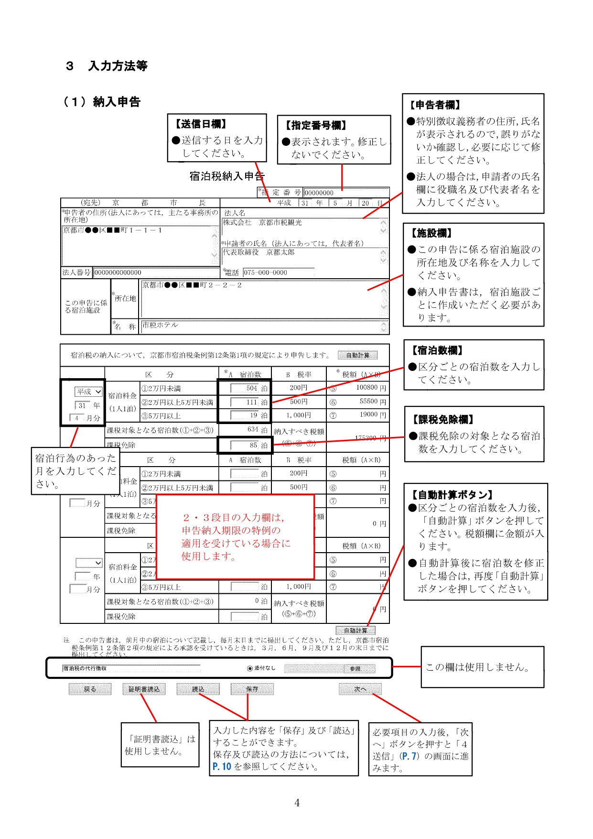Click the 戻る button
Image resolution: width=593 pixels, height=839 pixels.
click(x=90, y=689)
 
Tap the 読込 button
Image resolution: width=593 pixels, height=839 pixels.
click(x=198, y=689)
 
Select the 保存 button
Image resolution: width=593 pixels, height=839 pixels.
click(x=252, y=689)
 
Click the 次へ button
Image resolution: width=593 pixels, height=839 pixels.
click(x=360, y=689)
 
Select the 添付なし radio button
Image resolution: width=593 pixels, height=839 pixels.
click(x=250, y=668)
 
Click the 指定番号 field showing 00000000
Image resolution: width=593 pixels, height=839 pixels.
click(x=346, y=193)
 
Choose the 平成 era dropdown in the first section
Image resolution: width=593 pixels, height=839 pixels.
click(x=89, y=392)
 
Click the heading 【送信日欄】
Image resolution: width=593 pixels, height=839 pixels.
click(x=201, y=124)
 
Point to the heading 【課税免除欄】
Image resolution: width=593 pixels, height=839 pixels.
click(x=443, y=420)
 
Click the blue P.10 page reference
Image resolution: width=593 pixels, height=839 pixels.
click(x=222, y=766)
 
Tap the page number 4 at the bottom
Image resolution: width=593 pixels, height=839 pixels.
click(x=297, y=803)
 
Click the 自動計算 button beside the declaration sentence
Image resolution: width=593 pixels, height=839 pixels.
click(x=357, y=355)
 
